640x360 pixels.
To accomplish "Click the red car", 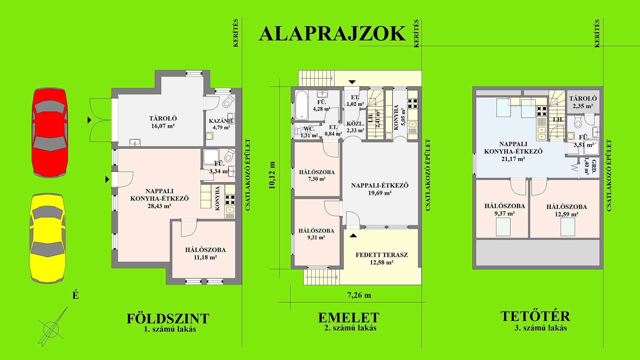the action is point(50,132).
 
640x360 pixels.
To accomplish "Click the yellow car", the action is point(48,238).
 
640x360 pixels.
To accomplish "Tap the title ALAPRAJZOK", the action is point(332,34).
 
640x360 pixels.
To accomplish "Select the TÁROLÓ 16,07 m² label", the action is point(162,122).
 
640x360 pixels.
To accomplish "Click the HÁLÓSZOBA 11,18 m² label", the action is point(205,253).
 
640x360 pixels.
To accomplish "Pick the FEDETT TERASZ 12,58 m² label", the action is point(382,258).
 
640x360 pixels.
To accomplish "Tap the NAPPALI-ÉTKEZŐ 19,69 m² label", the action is point(380,189).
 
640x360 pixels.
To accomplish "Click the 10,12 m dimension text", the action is point(272,175).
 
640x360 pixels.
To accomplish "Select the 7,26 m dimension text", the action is point(359,295).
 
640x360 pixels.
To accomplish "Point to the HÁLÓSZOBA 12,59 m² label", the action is point(567,210).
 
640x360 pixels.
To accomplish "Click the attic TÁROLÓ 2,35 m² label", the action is point(583,102).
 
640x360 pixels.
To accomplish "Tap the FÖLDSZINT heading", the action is point(168,319).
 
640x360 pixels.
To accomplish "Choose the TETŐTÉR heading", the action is point(535,316).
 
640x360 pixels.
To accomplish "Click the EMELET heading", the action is point(349,318).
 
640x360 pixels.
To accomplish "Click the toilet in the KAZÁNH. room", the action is point(229,101).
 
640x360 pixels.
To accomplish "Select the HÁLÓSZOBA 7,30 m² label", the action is point(317,175).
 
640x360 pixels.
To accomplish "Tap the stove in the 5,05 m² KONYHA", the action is point(413,103).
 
